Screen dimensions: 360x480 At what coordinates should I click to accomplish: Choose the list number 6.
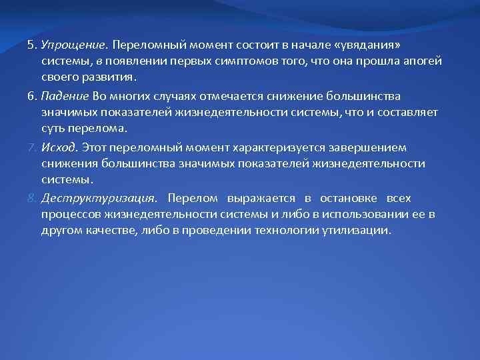pyautogui.click(x=31, y=97)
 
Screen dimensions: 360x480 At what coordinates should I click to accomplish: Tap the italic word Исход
pyautogui.click(x=59, y=147)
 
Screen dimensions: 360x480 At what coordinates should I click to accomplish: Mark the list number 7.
pyautogui.click(x=31, y=147)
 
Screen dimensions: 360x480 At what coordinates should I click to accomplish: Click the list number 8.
pyautogui.click(x=31, y=199)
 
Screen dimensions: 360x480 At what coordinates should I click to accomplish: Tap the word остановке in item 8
pyautogui.click(x=348, y=199)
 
